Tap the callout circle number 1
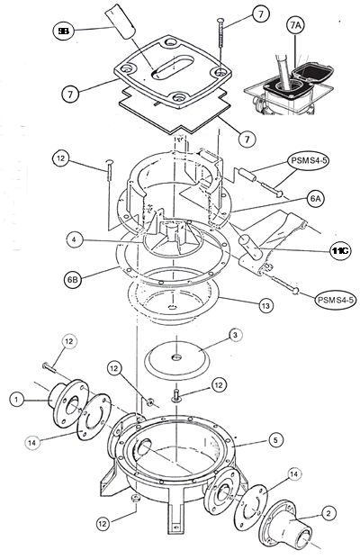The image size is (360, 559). click(15, 397)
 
